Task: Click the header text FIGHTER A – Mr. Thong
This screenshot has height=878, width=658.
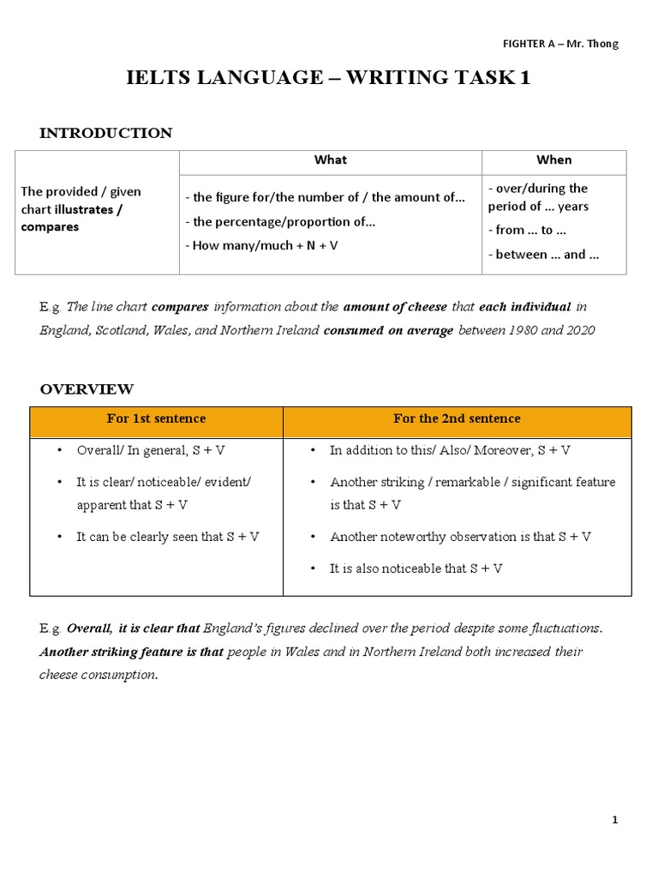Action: coord(559,44)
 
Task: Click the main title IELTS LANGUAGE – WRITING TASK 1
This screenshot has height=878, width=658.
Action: coord(328,78)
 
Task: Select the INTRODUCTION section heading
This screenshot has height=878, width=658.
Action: coord(105,133)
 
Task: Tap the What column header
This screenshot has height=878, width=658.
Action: coord(330,160)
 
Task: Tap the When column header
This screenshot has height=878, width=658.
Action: coord(553,160)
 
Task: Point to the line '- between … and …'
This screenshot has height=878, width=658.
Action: coord(543,254)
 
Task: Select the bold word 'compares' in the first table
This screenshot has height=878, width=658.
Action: coord(50,227)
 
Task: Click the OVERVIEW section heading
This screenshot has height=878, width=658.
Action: coord(87,389)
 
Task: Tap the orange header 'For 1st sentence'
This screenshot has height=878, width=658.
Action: coord(156,418)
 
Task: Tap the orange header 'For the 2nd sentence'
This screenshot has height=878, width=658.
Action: coord(457,418)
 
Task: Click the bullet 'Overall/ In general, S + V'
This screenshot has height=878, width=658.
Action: coord(151,450)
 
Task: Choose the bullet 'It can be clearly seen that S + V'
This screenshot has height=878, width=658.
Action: coord(168,537)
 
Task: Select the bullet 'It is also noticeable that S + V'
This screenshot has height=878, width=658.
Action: coord(416,568)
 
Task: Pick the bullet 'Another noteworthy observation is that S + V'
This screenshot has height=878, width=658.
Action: coord(460,537)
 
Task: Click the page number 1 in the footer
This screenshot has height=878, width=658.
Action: coord(614,820)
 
